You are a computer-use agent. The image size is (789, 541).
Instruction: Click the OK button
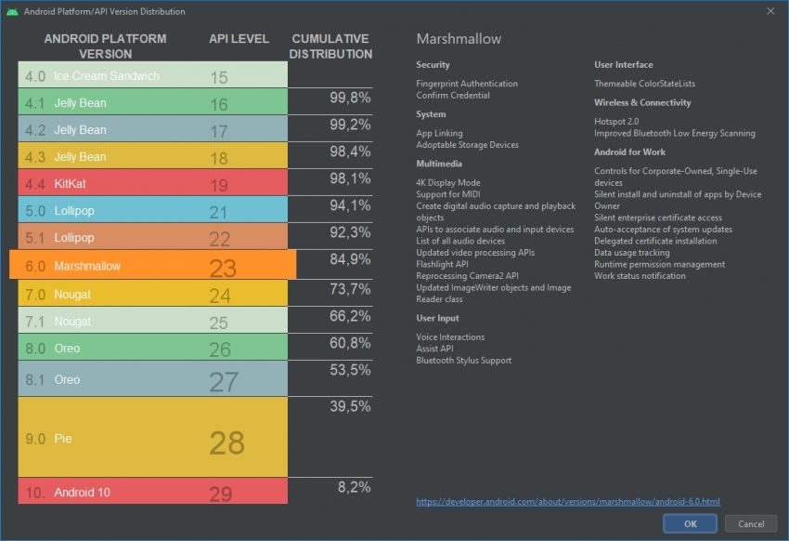[x=690, y=523]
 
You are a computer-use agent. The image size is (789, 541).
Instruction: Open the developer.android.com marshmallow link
[x=567, y=502]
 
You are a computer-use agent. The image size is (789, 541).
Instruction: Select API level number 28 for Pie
[x=226, y=442]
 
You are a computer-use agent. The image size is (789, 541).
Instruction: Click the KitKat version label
[x=73, y=184]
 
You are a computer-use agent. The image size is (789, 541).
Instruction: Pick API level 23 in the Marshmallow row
[x=223, y=268]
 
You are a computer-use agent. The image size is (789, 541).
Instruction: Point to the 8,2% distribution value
[x=353, y=486]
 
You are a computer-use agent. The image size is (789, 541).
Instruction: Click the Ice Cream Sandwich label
[x=106, y=76]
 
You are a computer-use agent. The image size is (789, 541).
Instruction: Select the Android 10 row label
[x=82, y=492]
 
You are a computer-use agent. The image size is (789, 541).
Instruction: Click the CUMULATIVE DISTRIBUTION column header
[x=330, y=46]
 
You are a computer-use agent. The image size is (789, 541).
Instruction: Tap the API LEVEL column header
[x=239, y=39]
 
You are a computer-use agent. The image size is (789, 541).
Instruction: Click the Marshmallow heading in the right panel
[x=459, y=39]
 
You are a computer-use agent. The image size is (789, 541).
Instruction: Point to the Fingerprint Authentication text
[x=467, y=84]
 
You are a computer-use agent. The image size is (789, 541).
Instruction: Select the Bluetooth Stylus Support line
[x=463, y=360]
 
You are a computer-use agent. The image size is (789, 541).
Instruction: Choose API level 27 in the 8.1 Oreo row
[x=223, y=382]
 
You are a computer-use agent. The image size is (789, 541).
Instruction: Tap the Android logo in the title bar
[x=11, y=11]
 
